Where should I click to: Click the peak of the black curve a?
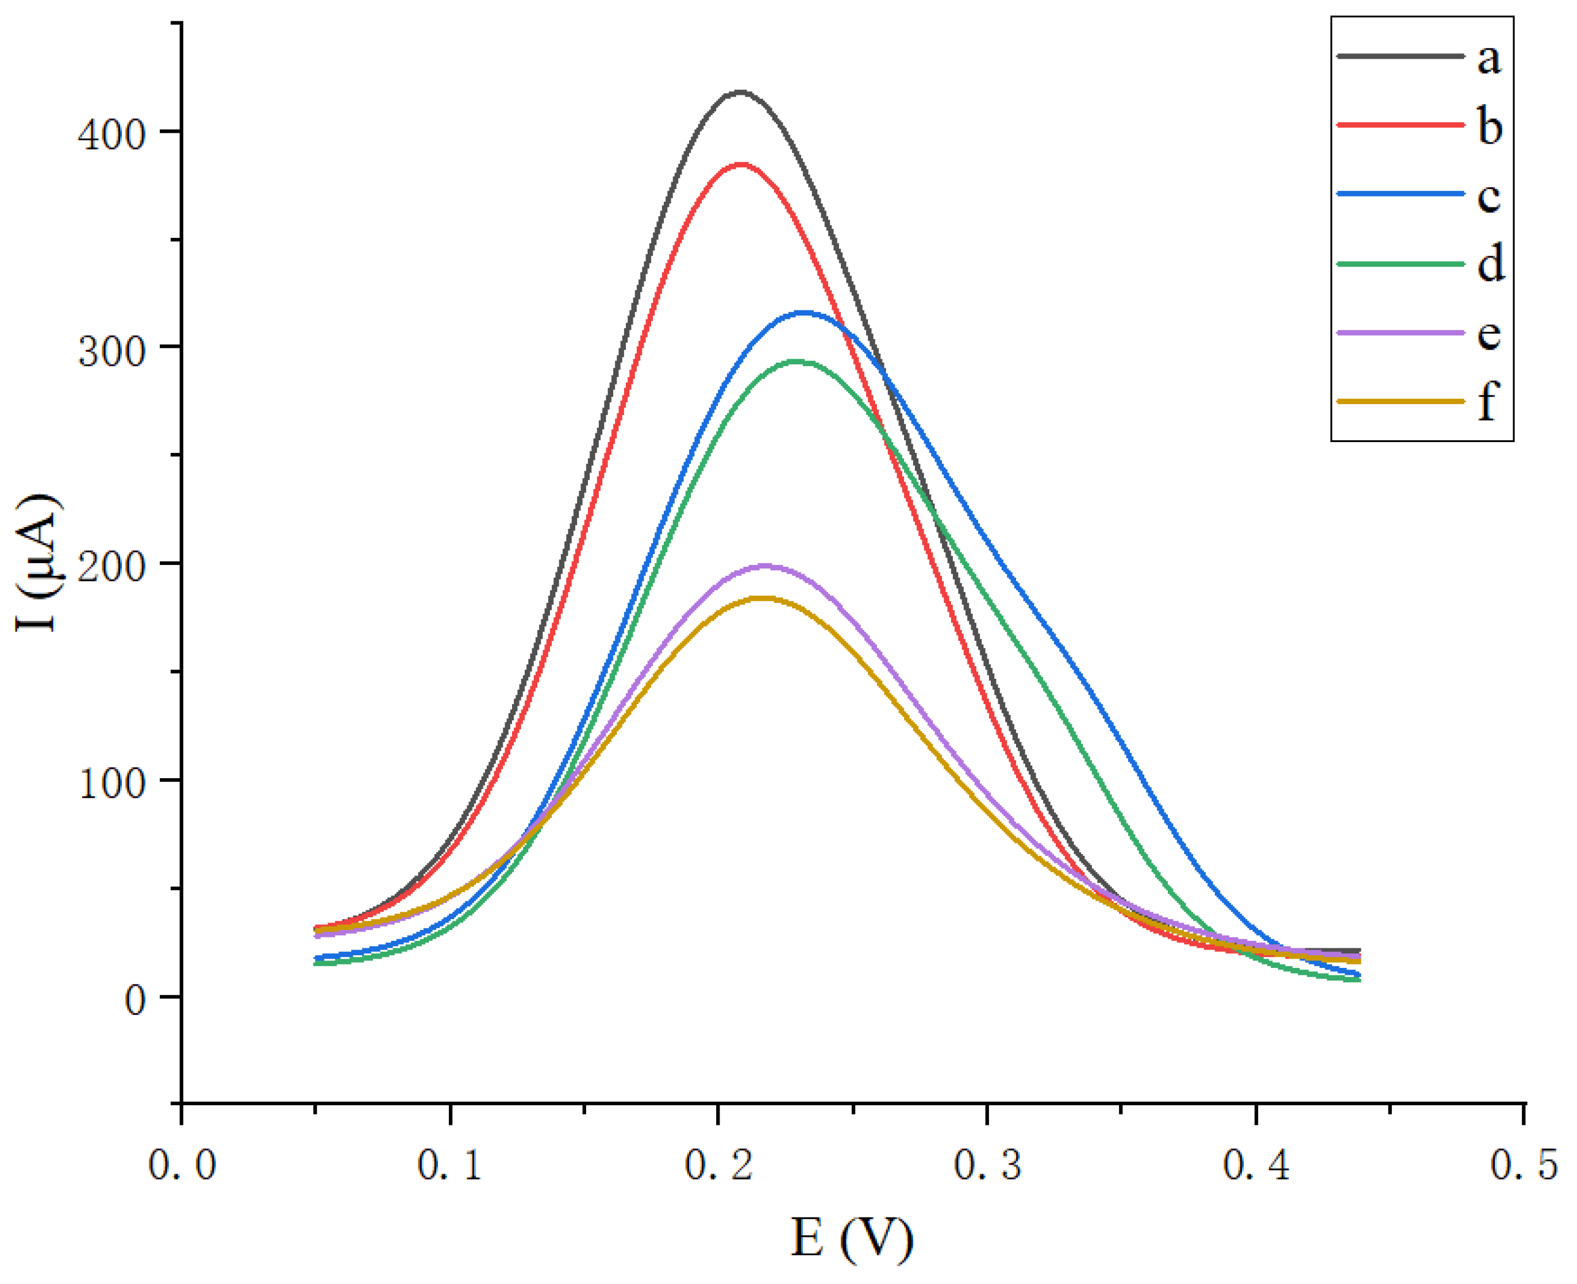[x=740, y=93]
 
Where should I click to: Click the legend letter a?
[x=1489, y=59]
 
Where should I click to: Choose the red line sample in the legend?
[x=1400, y=124]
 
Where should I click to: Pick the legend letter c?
[x=1489, y=197]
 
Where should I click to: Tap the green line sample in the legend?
[x=1400, y=263]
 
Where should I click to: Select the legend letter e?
[x=1489, y=335]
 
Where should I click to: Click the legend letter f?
[x=1487, y=402]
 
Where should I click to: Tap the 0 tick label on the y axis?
[x=134, y=1000]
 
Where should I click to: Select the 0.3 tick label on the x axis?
[x=987, y=1165]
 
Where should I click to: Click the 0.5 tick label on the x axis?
[x=1524, y=1165]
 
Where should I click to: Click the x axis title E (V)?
[x=852, y=1237]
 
